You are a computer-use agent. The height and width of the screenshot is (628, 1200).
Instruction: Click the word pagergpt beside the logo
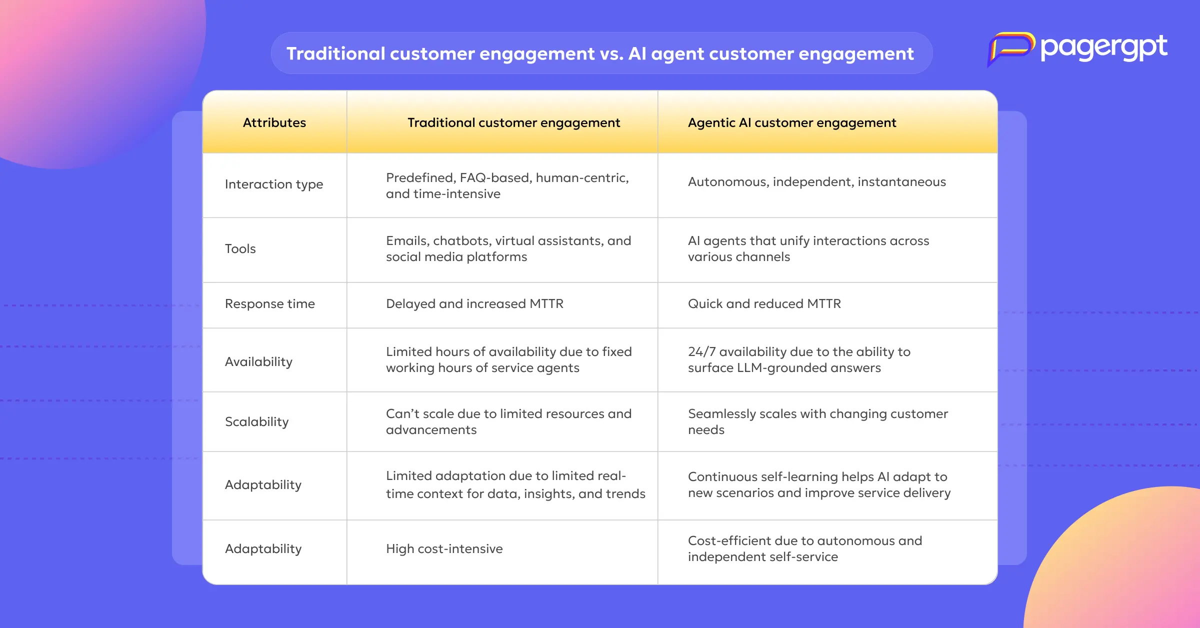1104,48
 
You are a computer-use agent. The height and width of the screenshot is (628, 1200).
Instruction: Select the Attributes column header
274,122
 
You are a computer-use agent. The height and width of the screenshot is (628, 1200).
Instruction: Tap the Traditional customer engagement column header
513,122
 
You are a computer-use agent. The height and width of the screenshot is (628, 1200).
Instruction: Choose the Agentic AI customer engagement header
792,122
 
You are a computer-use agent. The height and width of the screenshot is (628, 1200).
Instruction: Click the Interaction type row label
274,184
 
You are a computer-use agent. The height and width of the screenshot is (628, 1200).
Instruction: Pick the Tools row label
240,248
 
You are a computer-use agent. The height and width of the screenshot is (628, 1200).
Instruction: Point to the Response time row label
270,303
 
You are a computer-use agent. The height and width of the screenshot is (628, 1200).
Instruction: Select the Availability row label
258,361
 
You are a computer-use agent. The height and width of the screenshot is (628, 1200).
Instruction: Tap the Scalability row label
257,421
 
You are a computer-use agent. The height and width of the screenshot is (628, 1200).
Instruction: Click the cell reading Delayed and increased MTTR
474,303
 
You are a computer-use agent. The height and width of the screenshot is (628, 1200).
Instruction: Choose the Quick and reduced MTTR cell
764,303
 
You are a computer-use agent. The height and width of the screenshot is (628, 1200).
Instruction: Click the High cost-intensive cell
444,548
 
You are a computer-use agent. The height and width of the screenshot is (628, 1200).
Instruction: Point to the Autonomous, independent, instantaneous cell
817,181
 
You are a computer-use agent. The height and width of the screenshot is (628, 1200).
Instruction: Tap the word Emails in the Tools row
407,241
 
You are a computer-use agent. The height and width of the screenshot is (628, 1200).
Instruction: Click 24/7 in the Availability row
701,351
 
